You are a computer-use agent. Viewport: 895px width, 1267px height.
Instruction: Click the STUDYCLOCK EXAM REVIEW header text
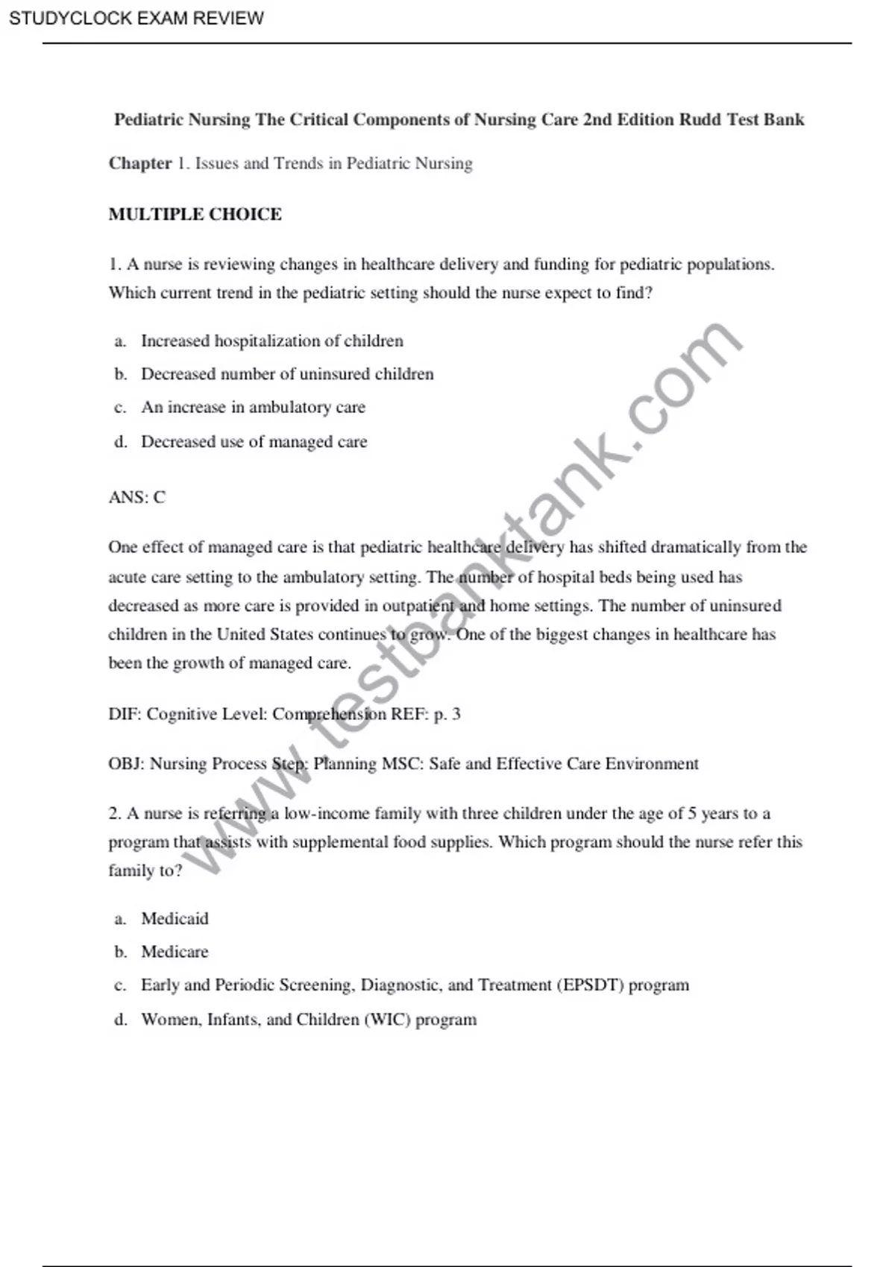click(136, 18)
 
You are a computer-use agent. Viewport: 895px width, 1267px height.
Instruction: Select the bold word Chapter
click(140, 163)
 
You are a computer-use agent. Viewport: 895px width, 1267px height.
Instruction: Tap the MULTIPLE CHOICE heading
click(195, 215)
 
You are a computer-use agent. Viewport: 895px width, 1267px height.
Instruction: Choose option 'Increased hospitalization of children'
click(272, 341)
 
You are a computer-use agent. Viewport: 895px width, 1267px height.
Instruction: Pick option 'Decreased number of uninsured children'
click(287, 374)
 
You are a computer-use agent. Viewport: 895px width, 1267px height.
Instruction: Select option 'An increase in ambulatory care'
click(254, 407)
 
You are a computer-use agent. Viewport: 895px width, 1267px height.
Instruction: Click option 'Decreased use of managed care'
click(254, 442)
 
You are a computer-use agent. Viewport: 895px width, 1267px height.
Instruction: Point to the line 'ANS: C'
click(137, 497)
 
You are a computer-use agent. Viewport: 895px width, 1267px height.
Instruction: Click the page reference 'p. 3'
click(447, 714)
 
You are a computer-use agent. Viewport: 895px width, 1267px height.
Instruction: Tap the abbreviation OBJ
click(126, 764)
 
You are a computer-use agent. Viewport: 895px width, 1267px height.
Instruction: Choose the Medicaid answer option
click(175, 919)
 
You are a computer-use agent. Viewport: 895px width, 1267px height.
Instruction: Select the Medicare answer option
click(175, 952)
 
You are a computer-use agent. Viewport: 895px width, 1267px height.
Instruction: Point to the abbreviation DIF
click(124, 714)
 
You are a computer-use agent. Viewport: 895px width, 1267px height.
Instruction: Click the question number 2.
click(114, 814)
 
